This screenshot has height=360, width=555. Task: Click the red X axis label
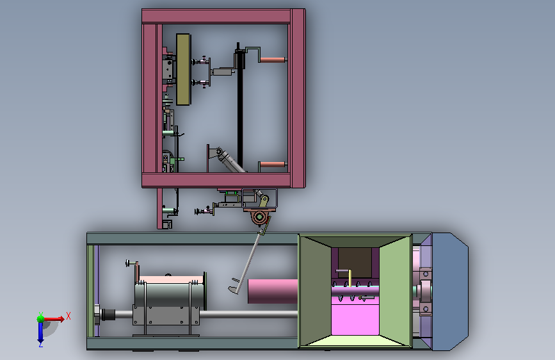pyautogui.click(x=68, y=316)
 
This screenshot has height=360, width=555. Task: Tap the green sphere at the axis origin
pyautogui.click(x=41, y=318)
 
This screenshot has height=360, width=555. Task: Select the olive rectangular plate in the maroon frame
pyautogui.click(x=183, y=69)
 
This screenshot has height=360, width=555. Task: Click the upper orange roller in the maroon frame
pyautogui.click(x=273, y=60)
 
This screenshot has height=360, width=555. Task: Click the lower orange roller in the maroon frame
pyautogui.click(x=273, y=165)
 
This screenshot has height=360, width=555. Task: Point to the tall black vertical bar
pyautogui.click(x=240, y=106)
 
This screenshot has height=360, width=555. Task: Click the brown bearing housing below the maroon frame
pyautogui.click(x=260, y=215)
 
